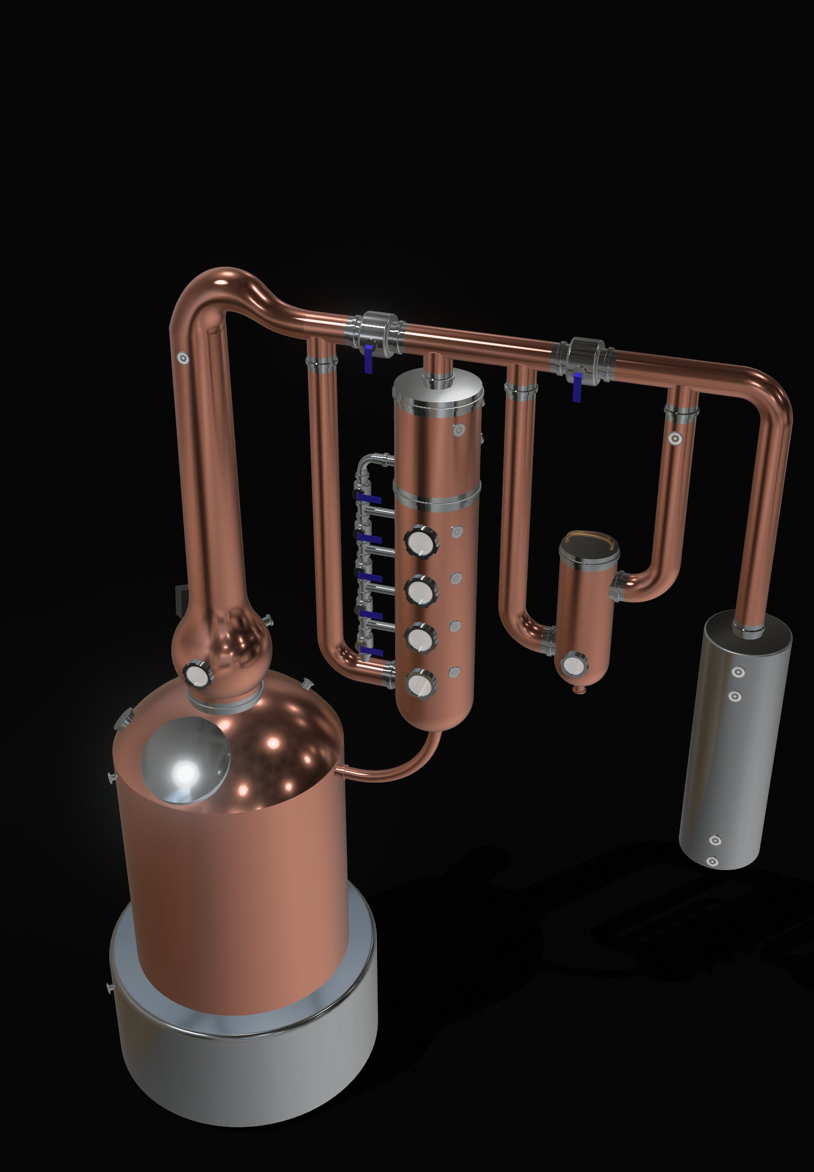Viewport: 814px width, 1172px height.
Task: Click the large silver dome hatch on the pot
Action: pyautogui.click(x=186, y=760)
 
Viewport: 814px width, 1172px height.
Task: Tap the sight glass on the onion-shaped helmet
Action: pyautogui.click(x=197, y=675)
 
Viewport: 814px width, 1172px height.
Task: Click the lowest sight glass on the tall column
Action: pyautogui.click(x=421, y=684)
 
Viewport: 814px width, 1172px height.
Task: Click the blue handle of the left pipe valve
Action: pyautogui.click(x=368, y=359)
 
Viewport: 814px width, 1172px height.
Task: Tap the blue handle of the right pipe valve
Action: pyautogui.click(x=577, y=387)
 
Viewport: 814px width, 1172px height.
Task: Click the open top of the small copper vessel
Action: pyautogui.click(x=589, y=545)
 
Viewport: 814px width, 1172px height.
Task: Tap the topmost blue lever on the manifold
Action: pyautogui.click(x=369, y=499)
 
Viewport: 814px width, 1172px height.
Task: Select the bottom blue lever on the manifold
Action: pyautogui.click(x=371, y=652)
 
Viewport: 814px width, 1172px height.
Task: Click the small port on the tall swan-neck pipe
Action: pyautogui.click(x=183, y=358)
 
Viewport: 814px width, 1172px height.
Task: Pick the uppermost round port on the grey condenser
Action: pyautogui.click(x=738, y=672)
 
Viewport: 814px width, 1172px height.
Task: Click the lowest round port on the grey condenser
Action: pyautogui.click(x=712, y=861)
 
